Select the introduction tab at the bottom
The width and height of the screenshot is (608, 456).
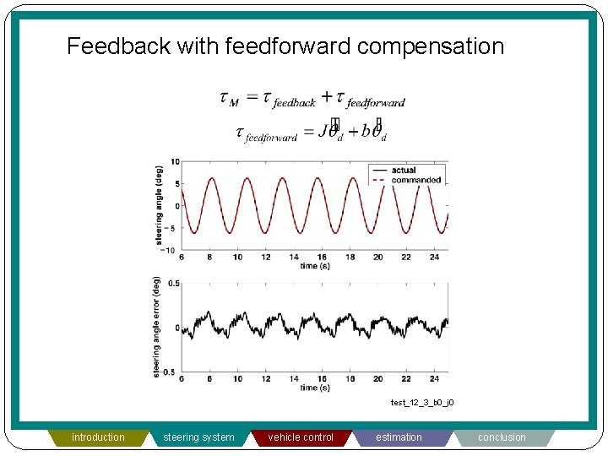[x=98, y=437]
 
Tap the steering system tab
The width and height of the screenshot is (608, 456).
[x=200, y=437]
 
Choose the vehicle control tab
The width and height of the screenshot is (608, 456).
[x=301, y=437]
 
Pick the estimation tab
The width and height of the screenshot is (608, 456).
[x=399, y=437]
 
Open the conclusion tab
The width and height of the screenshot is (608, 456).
[x=502, y=437]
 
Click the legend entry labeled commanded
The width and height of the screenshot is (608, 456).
[x=415, y=180]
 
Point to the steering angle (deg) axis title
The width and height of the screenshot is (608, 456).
[x=159, y=205]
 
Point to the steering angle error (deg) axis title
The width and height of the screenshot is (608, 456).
[x=157, y=327]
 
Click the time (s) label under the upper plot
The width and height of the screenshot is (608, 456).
[x=314, y=266]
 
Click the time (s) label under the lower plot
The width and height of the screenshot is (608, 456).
[x=314, y=388]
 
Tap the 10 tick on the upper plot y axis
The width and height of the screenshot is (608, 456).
[x=174, y=161]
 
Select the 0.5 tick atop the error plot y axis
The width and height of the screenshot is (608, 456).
[x=172, y=284]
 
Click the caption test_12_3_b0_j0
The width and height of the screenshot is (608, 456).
[x=421, y=403]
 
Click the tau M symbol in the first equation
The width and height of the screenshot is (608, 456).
[x=229, y=100]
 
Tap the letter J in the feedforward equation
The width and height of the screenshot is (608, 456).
[x=324, y=132]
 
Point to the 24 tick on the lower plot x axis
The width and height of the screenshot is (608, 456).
[x=433, y=379]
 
